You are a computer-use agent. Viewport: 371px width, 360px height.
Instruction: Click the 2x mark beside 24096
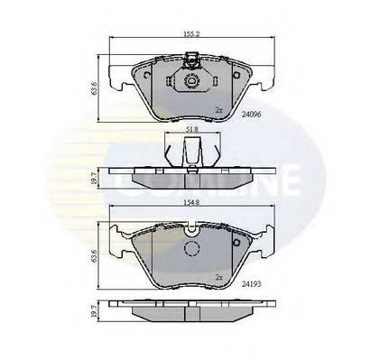(218, 110)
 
